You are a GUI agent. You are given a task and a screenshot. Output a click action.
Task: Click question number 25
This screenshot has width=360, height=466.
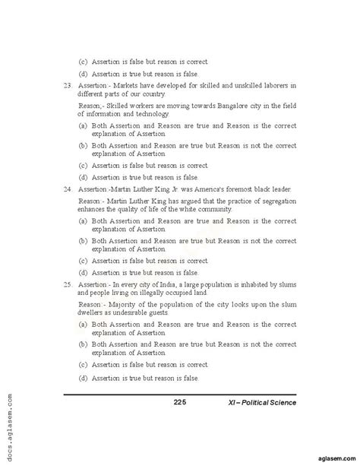[x=68, y=283]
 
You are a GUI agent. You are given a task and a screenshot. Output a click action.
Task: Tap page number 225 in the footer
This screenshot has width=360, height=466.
[x=180, y=402]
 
